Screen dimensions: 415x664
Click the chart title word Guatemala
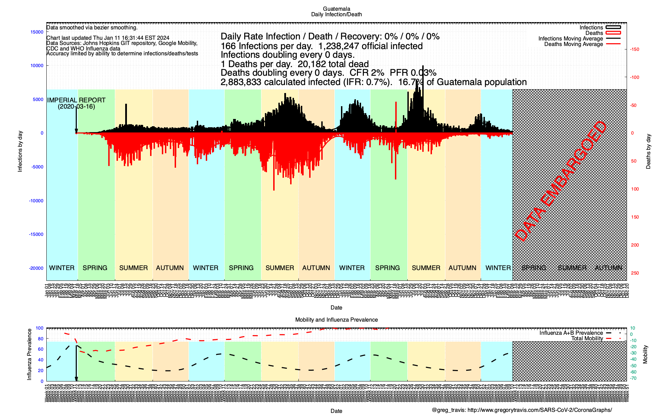[x=336, y=9]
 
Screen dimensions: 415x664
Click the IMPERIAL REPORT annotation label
[x=76, y=100]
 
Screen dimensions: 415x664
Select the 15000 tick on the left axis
[x=37, y=32]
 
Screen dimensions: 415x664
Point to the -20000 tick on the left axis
[x=36, y=268]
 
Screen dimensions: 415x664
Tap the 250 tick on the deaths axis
[x=635, y=273]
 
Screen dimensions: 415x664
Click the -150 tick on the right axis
[x=634, y=49]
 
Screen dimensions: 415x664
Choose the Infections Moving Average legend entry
[x=570, y=39]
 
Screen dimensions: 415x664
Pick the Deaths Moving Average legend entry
[x=573, y=44]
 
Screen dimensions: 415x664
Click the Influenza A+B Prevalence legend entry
[x=571, y=333]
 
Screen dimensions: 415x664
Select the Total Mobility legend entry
[x=587, y=339]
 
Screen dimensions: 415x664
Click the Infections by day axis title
[x=20, y=151]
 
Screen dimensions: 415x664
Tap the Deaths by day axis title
[x=648, y=151]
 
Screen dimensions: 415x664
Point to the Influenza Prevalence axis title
[x=29, y=354]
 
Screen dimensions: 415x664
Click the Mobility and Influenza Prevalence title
[x=336, y=320]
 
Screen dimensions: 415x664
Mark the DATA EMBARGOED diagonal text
[x=561, y=182]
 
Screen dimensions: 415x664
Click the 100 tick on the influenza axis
[x=39, y=328]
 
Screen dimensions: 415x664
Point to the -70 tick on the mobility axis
[x=633, y=378]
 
